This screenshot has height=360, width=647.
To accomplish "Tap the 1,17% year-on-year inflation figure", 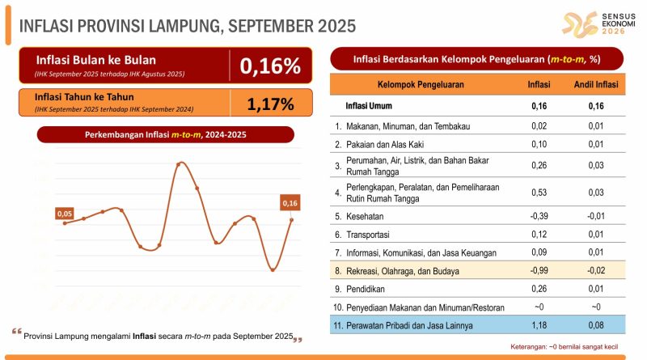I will [271, 104].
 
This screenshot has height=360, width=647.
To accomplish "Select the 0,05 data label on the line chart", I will [65, 214].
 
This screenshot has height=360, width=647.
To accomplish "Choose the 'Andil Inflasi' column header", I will [597, 85].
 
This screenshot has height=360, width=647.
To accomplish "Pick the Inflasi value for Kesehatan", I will [539, 216].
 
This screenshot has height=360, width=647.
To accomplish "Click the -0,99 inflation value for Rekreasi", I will [539, 271].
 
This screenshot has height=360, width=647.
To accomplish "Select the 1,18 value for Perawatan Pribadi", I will [539, 326].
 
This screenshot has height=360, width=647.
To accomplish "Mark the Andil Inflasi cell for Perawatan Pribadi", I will [597, 326].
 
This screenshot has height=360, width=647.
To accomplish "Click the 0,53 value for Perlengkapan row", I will [539, 193].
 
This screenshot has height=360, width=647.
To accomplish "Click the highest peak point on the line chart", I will [179, 163].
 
